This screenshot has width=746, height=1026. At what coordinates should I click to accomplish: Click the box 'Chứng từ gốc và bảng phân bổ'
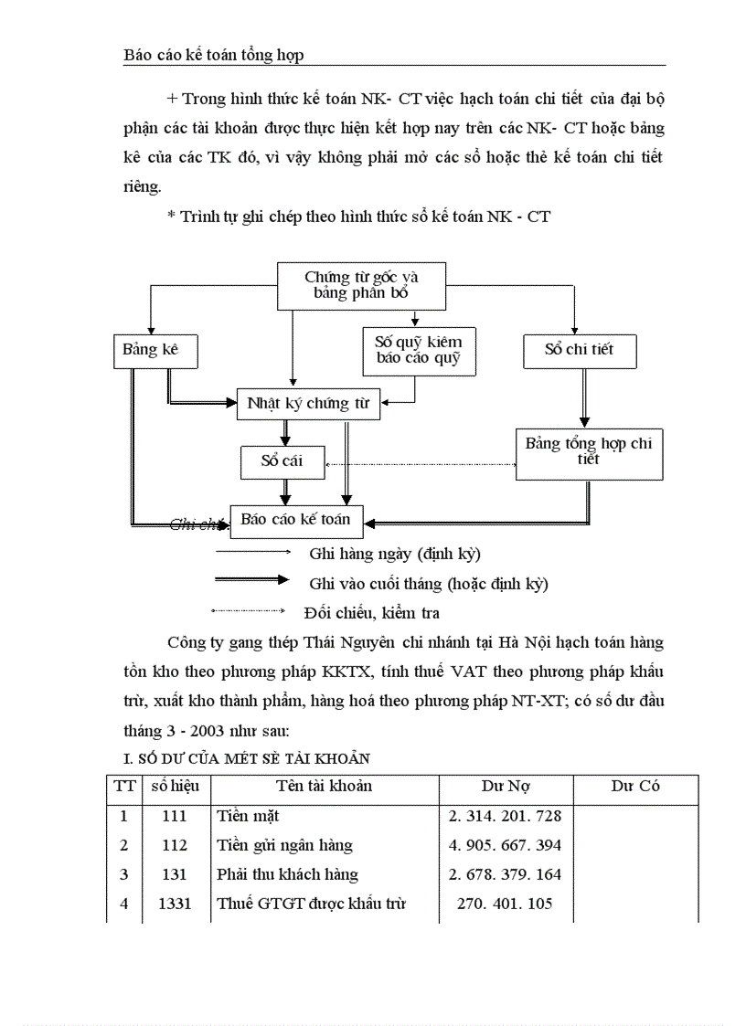(361, 285)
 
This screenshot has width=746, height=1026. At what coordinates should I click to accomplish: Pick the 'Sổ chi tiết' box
(580, 350)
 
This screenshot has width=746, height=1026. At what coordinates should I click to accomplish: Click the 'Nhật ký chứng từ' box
(308, 403)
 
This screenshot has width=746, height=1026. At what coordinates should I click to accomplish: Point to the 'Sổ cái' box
(282, 461)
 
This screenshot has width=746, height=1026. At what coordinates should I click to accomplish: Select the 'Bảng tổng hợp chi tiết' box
(589, 452)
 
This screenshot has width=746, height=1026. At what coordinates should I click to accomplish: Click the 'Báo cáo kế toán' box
(296, 521)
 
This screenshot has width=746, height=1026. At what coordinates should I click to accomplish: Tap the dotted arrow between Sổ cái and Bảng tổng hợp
(421, 464)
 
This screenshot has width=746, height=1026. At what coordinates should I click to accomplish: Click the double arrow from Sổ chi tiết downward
(585, 398)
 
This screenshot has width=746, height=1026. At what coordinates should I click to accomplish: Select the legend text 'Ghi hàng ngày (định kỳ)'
(395, 554)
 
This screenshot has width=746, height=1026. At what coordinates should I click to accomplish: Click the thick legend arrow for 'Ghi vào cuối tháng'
(251, 580)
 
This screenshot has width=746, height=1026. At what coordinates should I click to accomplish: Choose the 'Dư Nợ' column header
(506, 787)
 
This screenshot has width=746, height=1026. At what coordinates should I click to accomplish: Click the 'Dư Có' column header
(635, 787)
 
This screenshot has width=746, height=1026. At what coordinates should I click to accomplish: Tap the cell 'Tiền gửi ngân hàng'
(284, 845)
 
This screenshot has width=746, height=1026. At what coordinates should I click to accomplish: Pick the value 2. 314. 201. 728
(506, 816)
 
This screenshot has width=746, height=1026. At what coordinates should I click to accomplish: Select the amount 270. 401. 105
(506, 904)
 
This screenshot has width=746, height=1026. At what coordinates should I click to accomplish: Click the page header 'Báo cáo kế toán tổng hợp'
(214, 56)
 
